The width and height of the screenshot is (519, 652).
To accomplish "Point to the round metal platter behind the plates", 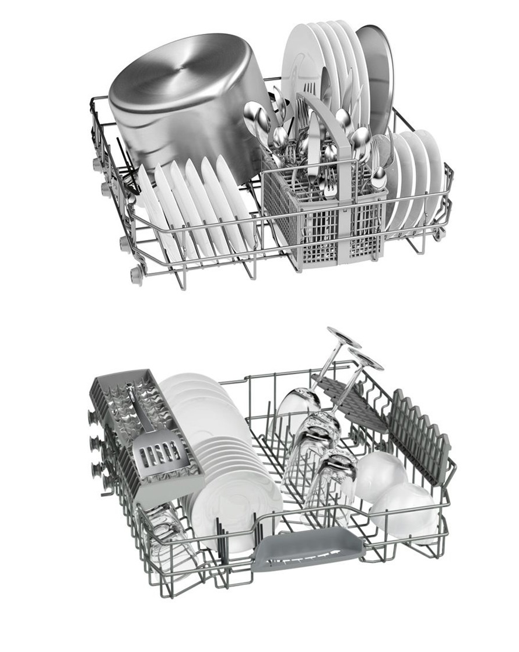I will click(377, 76).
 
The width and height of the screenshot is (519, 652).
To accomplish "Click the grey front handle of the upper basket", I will click(309, 549).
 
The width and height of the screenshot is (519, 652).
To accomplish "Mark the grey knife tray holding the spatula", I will click(146, 432).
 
